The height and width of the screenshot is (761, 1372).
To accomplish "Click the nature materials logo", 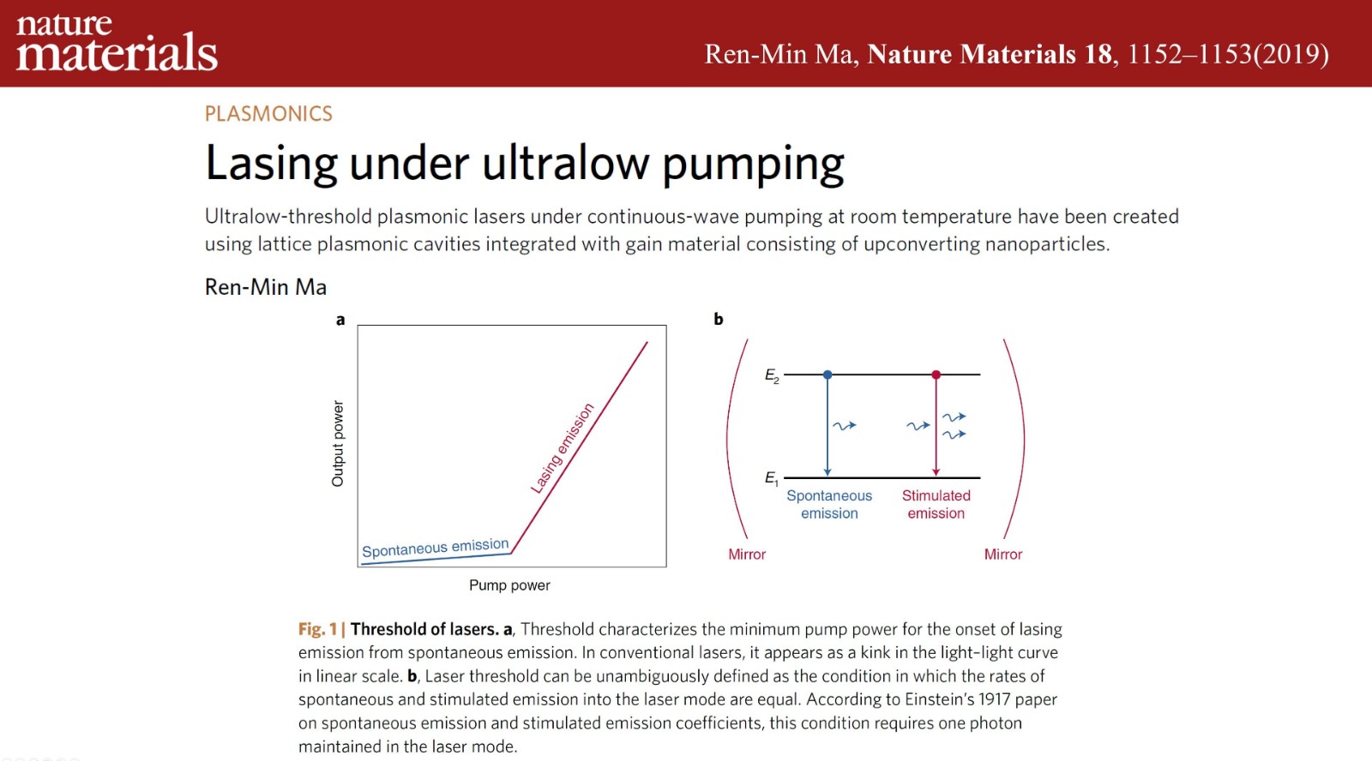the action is tap(117, 42).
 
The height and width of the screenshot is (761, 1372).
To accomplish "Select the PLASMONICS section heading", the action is tap(268, 114).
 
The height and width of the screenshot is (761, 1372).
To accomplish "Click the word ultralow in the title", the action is tap(565, 163).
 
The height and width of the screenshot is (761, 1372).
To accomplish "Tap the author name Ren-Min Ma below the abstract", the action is tap(265, 287).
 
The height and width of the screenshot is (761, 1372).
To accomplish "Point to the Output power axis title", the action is tap(338, 444).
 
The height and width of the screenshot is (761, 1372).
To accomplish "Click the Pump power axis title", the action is tap(509, 585).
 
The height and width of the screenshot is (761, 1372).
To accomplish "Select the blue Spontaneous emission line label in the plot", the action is tap(436, 548).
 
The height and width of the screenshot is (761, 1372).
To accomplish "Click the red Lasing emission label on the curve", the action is tap(563, 448).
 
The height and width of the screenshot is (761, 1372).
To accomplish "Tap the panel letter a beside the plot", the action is tap(340, 320).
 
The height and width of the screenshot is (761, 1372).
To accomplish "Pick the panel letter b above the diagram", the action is tap(719, 319).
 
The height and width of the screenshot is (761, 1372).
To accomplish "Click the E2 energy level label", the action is tap(772, 376).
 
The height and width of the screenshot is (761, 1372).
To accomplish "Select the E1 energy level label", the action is tap(771, 478).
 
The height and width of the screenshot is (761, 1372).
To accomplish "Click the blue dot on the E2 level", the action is tap(827, 374).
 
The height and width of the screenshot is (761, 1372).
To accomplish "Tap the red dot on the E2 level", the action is tap(936, 374).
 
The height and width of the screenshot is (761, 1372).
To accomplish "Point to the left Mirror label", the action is tap(747, 554).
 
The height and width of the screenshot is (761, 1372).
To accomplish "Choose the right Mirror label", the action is tap(1003, 554).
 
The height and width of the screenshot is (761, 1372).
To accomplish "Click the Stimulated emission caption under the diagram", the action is tap(936, 505).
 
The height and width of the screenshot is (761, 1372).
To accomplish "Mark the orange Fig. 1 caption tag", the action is tap(318, 629).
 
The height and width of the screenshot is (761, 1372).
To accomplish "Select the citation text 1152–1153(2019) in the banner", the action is tap(1227, 54).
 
